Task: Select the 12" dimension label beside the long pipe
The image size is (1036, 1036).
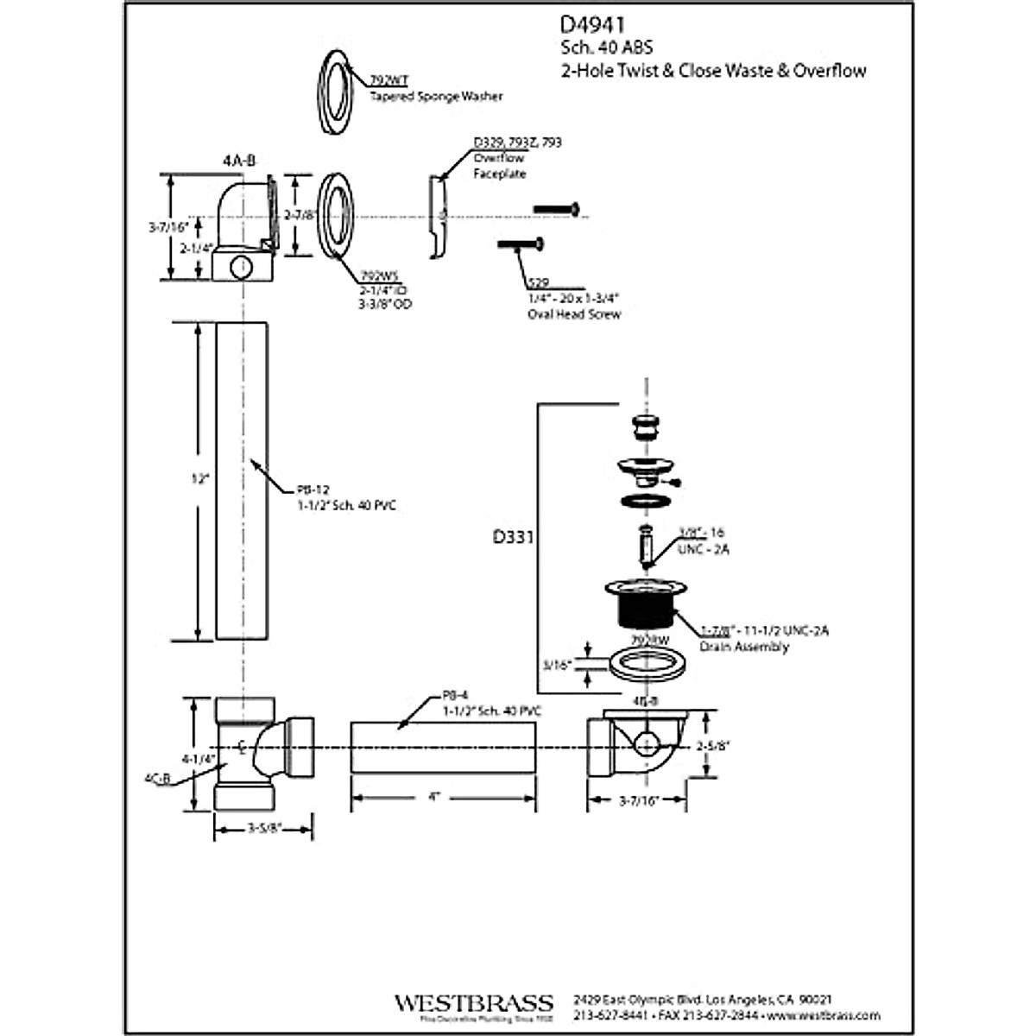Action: point(200,479)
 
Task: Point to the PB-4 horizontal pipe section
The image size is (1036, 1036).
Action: point(442,748)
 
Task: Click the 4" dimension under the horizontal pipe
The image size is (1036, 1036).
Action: point(434,797)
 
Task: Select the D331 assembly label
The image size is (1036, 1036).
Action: point(513,537)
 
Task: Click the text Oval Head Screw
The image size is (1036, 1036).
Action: point(573,314)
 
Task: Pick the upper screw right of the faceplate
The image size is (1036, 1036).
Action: point(555,209)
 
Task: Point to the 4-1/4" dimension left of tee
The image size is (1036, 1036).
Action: point(196,759)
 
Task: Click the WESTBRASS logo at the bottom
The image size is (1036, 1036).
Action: point(473,1003)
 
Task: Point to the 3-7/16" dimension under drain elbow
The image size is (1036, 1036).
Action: point(639,800)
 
